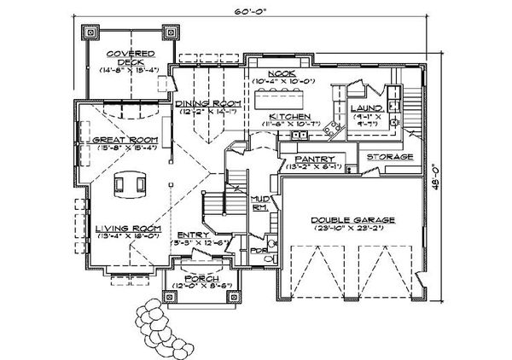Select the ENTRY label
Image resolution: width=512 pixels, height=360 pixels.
click(193, 235)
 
